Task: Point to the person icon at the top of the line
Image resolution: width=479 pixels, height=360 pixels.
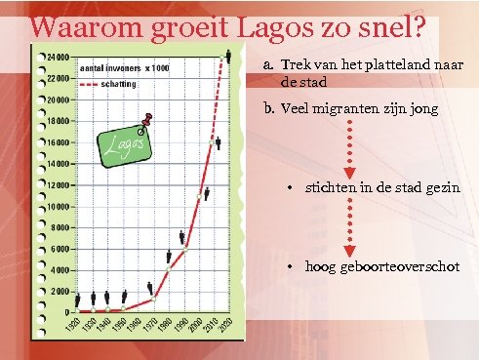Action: (227, 54)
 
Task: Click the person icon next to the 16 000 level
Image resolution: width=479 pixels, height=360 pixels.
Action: (217, 142)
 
